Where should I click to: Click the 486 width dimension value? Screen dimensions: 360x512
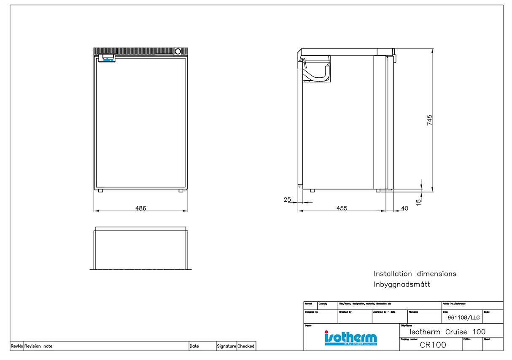click(x=140, y=208)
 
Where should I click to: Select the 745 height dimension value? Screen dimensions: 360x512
click(x=429, y=120)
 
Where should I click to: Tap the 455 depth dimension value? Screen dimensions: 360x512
click(x=342, y=208)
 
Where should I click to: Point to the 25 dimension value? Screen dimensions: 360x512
click(x=287, y=200)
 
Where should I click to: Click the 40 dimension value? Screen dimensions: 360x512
click(x=405, y=208)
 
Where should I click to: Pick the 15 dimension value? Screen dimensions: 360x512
click(x=418, y=202)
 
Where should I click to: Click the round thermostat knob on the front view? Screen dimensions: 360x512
click(x=178, y=51)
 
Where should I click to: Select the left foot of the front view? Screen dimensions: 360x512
click(x=100, y=191)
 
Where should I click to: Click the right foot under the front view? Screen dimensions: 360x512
click(x=181, y=191)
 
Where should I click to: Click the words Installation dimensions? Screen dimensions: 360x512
click(x=415, y=274)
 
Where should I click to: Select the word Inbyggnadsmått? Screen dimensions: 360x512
click(x=402, y=284)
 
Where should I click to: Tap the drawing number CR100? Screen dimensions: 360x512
click(x=433, y=345)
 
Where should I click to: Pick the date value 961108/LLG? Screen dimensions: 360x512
click(x=463, y=318)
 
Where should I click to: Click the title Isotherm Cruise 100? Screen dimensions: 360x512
click(x=447, y=332)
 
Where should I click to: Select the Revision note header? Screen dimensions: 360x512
click(x=38, y=346)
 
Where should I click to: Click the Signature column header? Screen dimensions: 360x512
click(x=226, y=346)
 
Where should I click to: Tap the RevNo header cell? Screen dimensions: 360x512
click(x=16, y=346)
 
